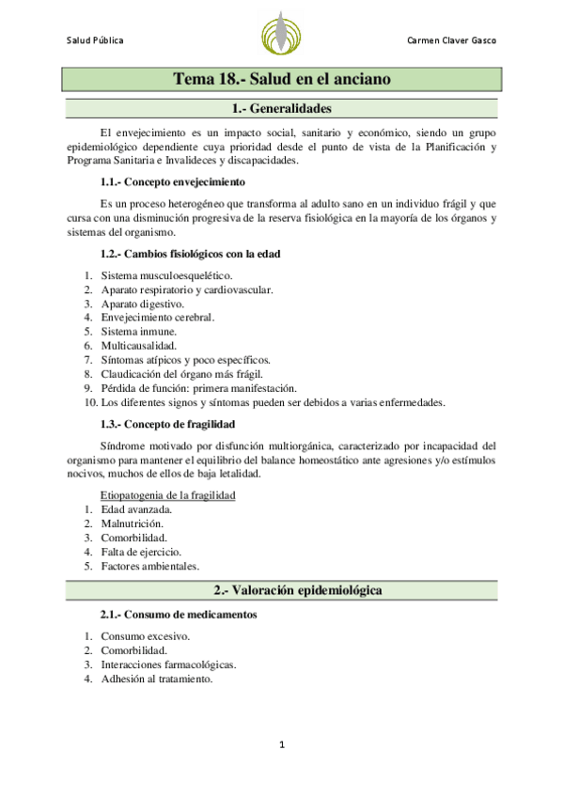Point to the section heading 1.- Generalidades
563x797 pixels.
281,109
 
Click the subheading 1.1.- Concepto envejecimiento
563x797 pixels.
173,181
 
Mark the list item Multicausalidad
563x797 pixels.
138,346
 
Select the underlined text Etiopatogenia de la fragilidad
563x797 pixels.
167,494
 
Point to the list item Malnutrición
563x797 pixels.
133,523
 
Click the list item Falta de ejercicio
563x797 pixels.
141,551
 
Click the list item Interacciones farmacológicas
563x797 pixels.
168,664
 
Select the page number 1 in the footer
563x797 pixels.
281,745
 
